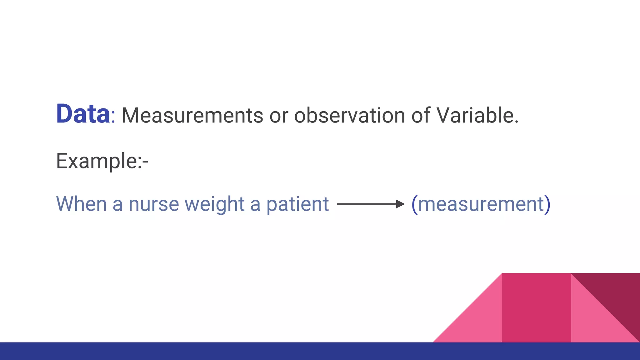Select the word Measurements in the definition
pos(192,116)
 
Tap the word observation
pos(349,116)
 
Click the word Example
pos(96,161)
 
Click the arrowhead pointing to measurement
pos(400,204)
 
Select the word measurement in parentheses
pos(481,204)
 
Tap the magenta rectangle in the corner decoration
pos(536,308)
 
